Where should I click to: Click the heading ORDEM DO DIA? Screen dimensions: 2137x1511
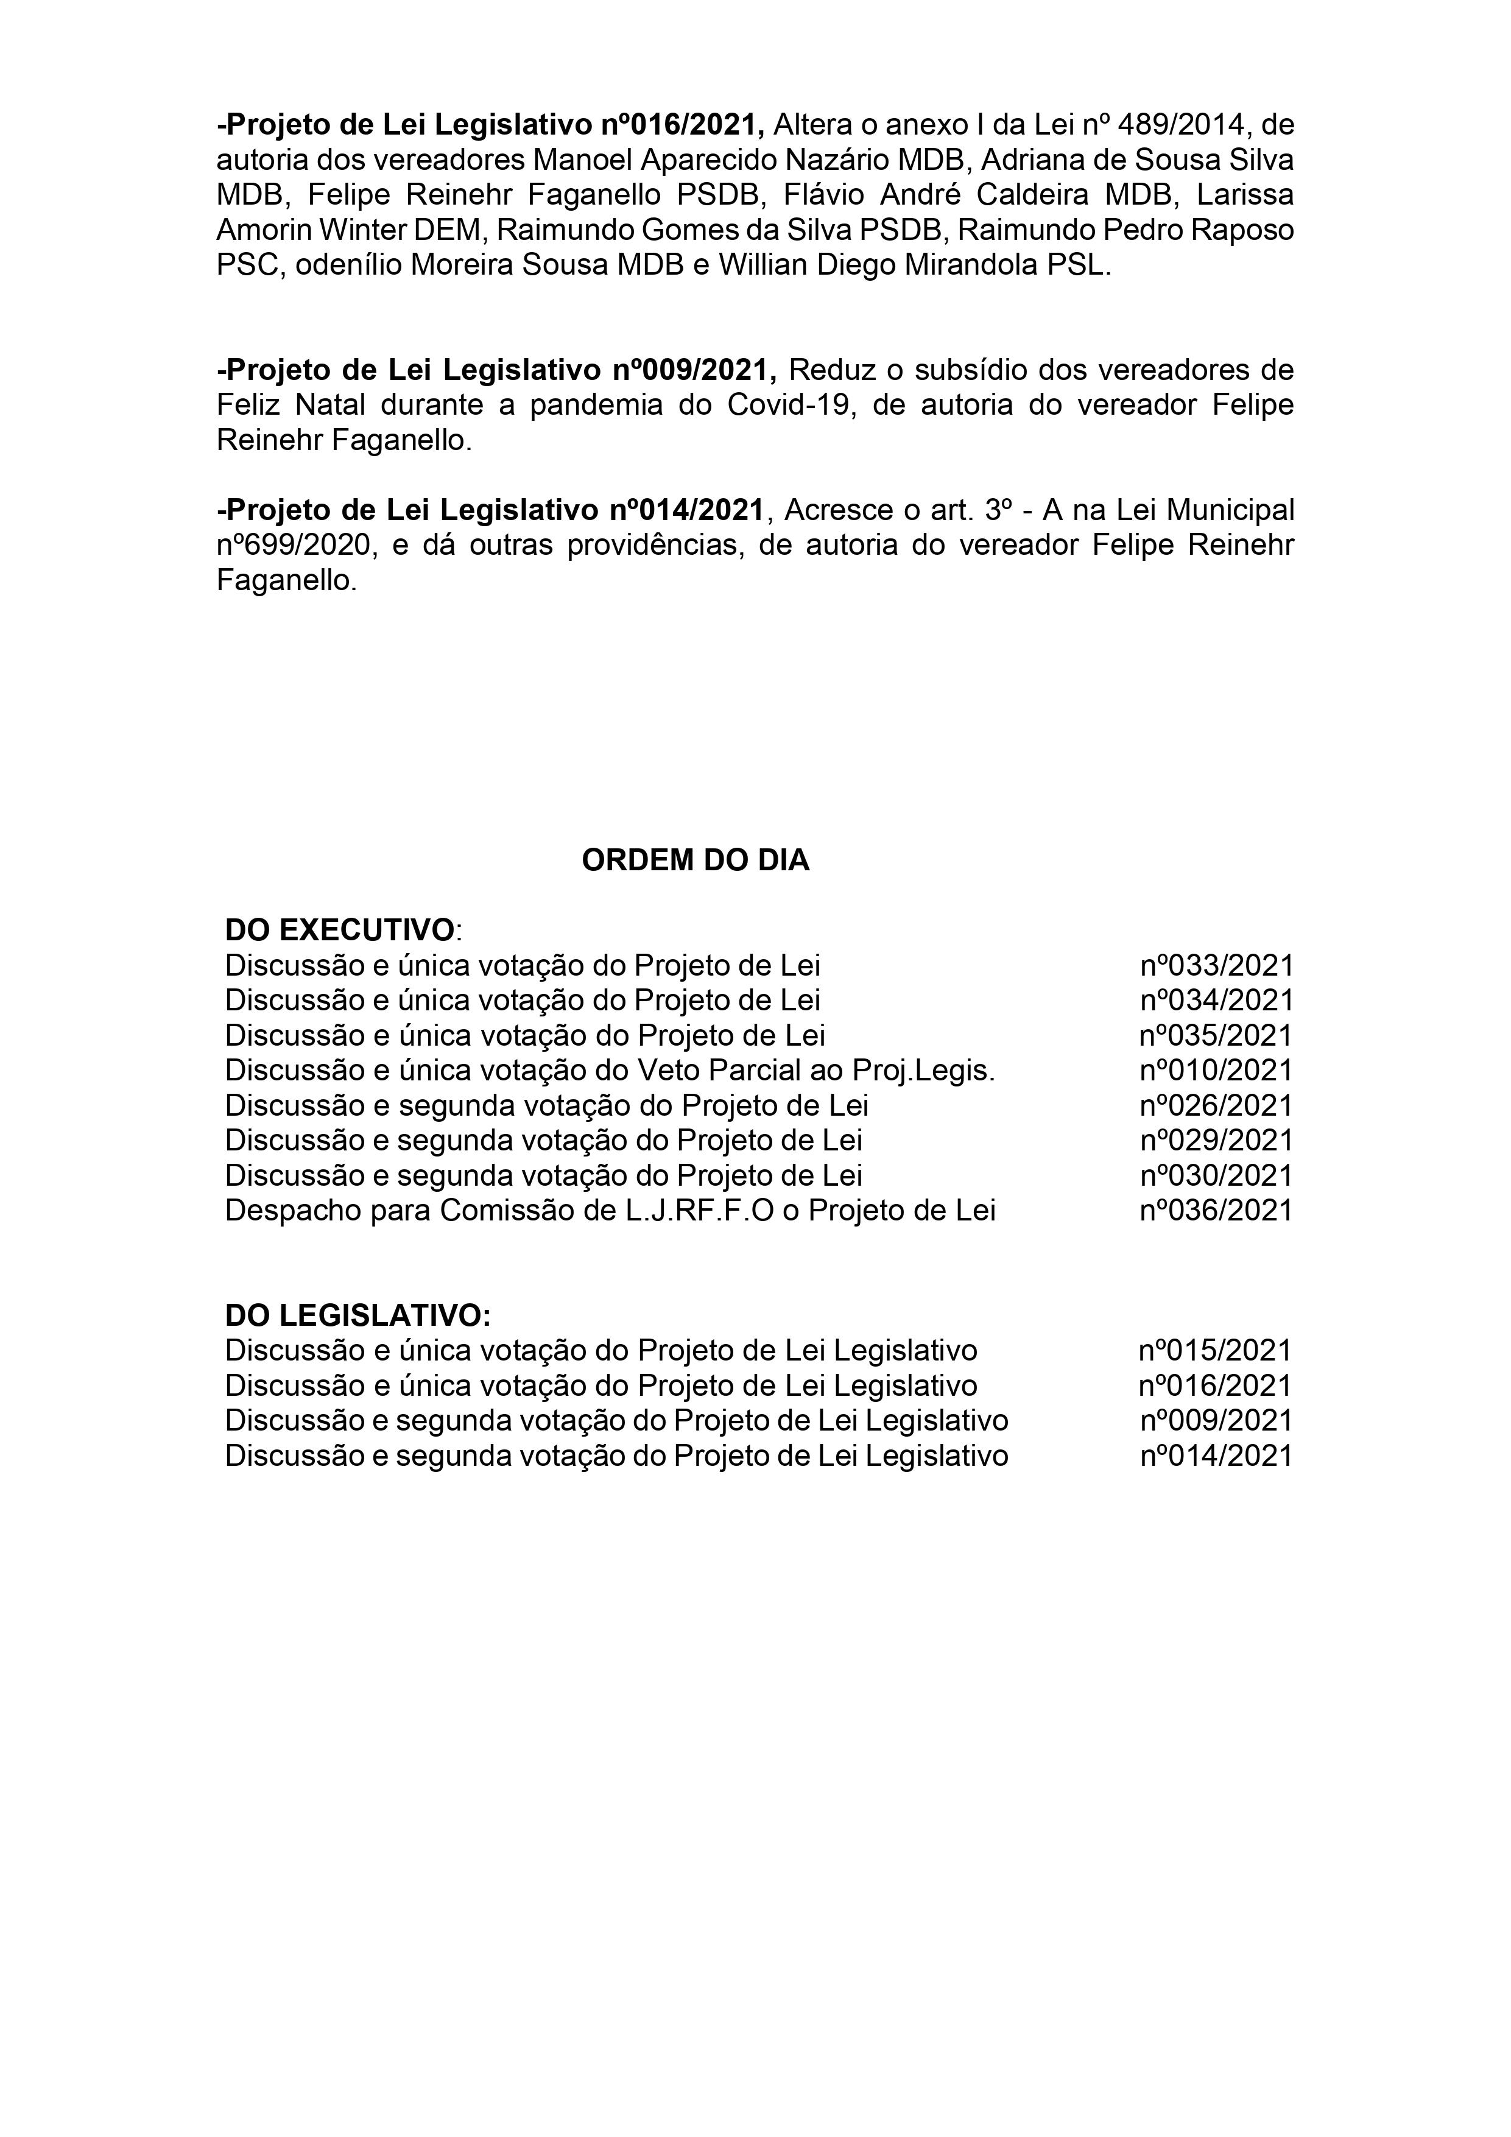tap(696, 861)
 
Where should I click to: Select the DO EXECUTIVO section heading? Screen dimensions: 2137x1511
tap(340, 930)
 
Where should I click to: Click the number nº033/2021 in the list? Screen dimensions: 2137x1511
tap(1216, 965)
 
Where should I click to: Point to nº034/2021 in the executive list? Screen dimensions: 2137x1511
tap(1216, 1001)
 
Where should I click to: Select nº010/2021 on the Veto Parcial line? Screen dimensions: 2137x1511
tap(1216, 1071)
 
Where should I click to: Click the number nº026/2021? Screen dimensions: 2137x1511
tap(1216, 1106)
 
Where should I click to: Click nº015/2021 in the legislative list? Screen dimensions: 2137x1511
tap(1215, 1351)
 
